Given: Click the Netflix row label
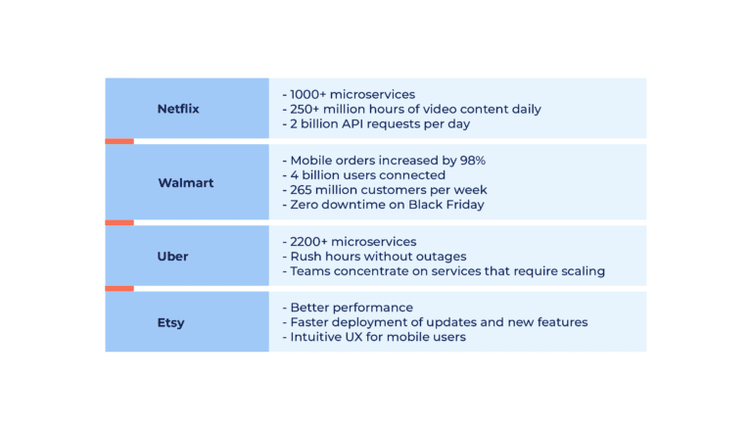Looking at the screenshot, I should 177,109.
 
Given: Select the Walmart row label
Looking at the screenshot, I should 185,183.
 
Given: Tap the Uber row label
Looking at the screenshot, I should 172,257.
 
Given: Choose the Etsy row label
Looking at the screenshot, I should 170,322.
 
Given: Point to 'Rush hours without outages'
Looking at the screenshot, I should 373,257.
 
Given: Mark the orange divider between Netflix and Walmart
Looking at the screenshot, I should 119,141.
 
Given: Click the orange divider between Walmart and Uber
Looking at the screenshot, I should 119,222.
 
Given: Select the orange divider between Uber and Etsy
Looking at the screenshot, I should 119,288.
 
